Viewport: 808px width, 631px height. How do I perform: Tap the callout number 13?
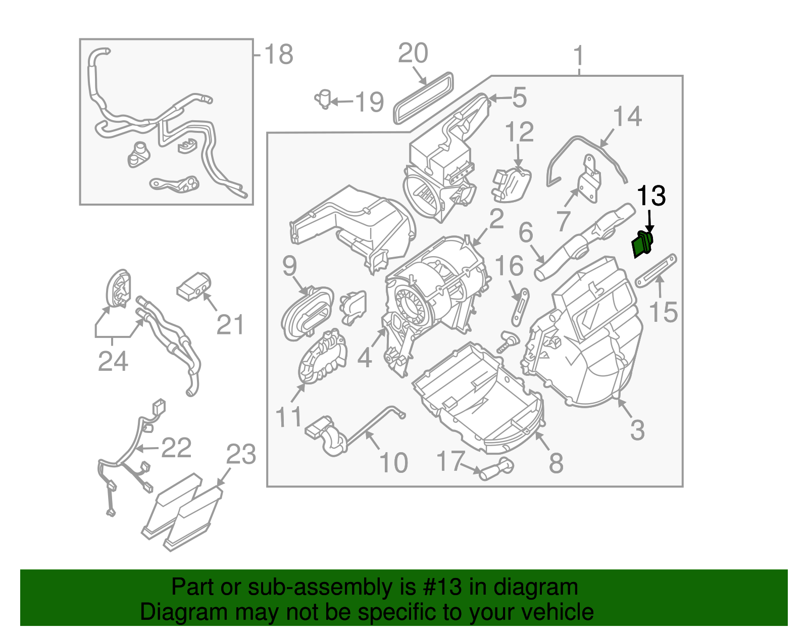(651, 196)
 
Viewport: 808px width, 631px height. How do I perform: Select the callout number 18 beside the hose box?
(278, 55)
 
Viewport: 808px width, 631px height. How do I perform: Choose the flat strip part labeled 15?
(655, 271)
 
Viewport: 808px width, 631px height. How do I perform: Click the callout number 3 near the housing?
(637, 430)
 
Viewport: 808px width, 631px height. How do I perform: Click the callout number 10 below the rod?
(393, 463)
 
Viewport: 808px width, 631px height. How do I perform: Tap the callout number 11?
(288, 417)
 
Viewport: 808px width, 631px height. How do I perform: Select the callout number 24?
(113, 361)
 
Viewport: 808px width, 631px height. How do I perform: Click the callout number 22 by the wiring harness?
(176, 448)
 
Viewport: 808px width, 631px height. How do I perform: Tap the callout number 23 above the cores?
(241, 455)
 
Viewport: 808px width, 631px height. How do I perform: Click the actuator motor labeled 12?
(512, 184)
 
